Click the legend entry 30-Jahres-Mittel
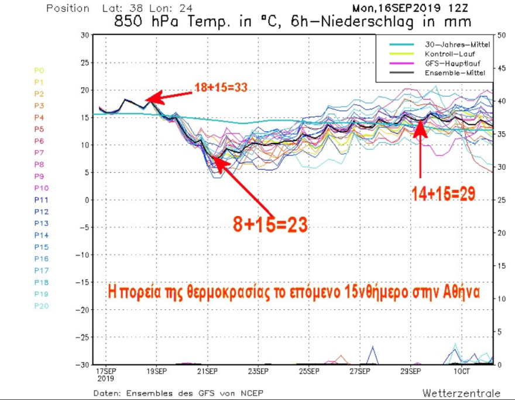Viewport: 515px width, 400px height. pyautogui.click(x=444, y=45)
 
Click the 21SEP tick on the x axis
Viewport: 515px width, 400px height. pyautogui.click(x=207, y=371)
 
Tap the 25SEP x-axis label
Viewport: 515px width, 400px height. pyautogui.click(x=309, y=371)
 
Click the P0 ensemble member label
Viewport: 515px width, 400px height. pyautogui.click(x=39, y=70)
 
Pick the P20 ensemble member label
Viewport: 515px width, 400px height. pyautogui.click(x=40, y=306)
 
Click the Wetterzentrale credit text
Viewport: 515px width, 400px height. pyautogui.click(x=461, y=393)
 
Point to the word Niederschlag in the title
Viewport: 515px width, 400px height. pyautogui.click(x=362, y=22)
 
